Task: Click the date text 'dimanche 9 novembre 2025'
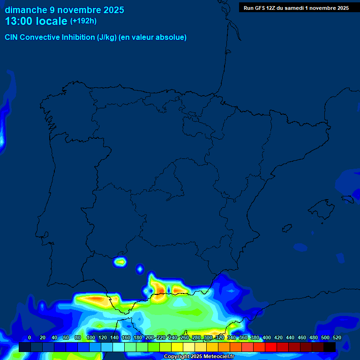(64, 10)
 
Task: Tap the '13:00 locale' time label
(36, 21)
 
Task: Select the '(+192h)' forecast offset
(83, 21)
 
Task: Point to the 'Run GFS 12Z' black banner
(296, 7)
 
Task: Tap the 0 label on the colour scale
(30, 337)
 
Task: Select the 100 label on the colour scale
(91, 337)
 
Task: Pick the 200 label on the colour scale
(150, 337)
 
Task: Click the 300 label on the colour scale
(208, 337)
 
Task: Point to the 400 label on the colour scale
(267, 337)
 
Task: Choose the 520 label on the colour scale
(337, 337)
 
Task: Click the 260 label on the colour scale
(185, 337)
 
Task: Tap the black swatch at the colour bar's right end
(330, 347)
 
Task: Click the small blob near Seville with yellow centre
(121, 262)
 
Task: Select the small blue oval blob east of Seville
(140, 269)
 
